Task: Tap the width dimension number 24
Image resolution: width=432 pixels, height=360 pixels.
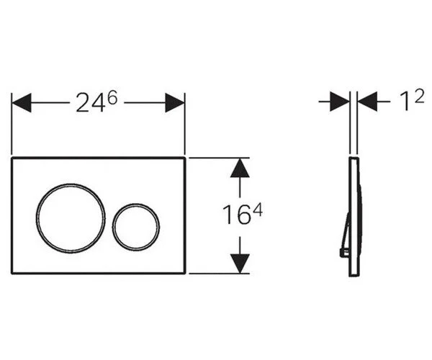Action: tap(91, 103)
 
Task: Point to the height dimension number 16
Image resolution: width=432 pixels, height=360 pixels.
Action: tap(236, 215)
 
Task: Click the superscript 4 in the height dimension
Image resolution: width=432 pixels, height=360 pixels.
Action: tap(258, 210)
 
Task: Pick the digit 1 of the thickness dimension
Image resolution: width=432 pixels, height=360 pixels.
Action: tap(405, 102)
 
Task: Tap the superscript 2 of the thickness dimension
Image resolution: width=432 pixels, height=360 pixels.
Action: tap(419, 96)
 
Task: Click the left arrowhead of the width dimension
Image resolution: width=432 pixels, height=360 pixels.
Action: tap(22, 103)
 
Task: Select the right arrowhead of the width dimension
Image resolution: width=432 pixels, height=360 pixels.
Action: tap(175, 103)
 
